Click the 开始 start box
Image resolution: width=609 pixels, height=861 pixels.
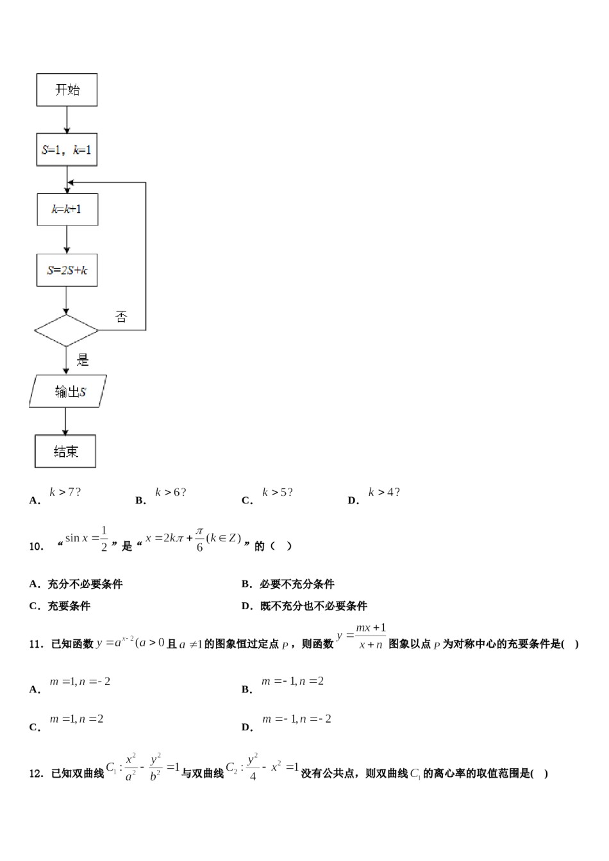(x=67, y=90)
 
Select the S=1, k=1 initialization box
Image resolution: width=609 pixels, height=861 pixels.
(x=67, y=151)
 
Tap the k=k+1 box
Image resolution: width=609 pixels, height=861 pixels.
(x=67, y=209)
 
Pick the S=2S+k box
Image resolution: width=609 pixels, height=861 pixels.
(x=67, y=270)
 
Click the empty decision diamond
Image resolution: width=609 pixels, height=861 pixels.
(x=66, y=331)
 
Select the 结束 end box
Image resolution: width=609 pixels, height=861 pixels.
(x=65, y=452)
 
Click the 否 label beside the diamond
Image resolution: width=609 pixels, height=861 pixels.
(x=121, y=317)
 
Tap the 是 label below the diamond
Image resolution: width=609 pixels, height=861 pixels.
(x=83, y=361)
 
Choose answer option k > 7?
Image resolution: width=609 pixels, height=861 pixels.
(x=65, y=492)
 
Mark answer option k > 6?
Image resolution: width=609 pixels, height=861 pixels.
(x=171, y=492)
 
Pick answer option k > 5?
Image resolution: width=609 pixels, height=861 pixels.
(x=277, y=492)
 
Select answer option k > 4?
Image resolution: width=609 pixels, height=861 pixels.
(x=383, y=492)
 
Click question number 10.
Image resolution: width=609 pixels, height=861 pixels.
(x=36, y=546)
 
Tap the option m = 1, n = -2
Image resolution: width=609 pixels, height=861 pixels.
(x=80, y=682)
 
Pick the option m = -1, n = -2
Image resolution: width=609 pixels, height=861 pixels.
(x=296, y=719)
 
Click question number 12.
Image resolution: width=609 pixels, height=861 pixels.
(x=36, y=774)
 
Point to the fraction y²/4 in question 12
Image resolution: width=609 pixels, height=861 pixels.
(x=252, y=767)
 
